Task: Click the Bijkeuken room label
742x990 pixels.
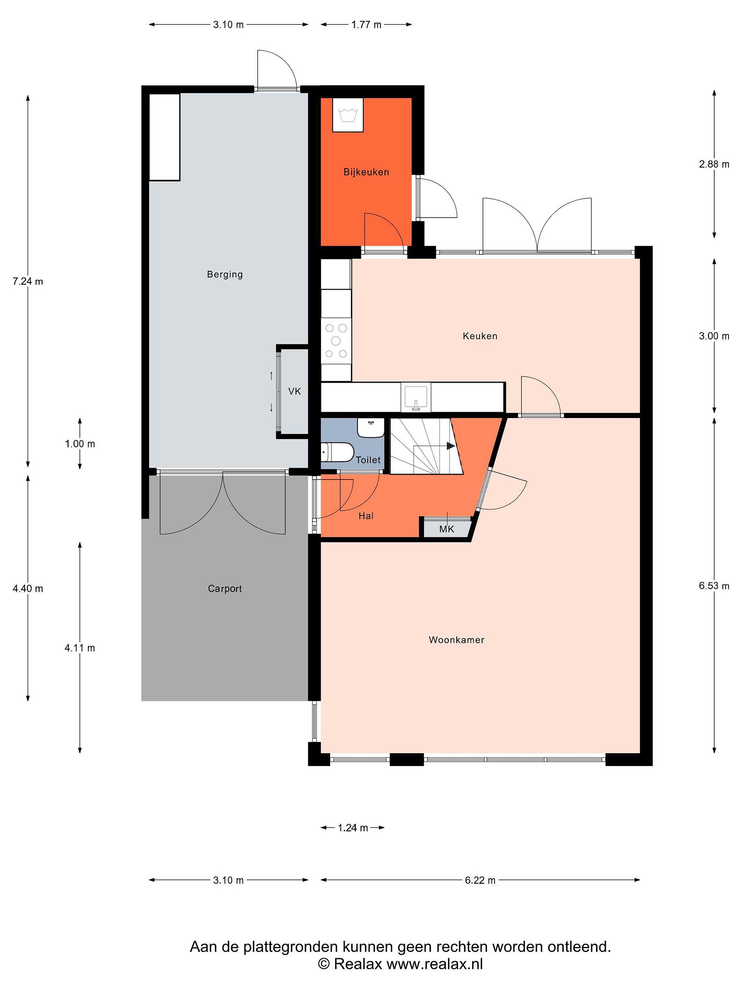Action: tap(366, 172)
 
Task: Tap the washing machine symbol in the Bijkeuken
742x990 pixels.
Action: tap(348, 115)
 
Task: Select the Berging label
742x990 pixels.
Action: tap(225, 274)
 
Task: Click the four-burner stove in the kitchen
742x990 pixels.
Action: tap(336, 341)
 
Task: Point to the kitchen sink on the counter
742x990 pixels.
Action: tap(416, 397)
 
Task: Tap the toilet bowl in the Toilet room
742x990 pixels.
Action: tap(338, 452)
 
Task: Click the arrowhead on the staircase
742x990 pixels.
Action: tap(450, 446)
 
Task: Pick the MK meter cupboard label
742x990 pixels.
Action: tap(446, 529)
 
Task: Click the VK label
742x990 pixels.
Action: tap(294, 392)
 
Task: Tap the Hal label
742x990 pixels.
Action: tap(366, 516)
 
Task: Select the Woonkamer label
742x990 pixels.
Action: tap(456, 640)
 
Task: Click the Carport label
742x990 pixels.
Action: tap(225, 588)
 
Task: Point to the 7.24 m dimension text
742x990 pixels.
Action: tap(28, 282)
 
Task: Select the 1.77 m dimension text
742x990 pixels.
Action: tap(366, 25)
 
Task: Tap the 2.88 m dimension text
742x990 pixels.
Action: tap(714, 164)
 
